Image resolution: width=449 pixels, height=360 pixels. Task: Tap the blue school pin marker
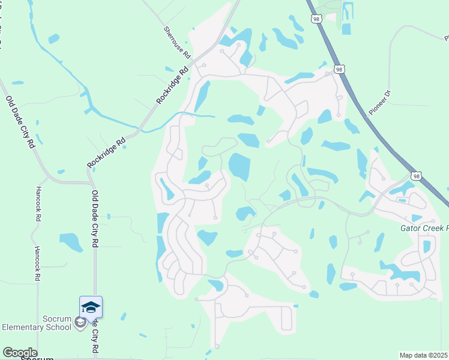91,307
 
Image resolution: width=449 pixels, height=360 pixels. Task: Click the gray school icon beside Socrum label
80,323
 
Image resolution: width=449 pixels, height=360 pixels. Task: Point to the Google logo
20,353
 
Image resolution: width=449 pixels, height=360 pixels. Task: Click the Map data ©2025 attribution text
424,355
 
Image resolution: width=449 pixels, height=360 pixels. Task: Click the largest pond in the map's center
240,166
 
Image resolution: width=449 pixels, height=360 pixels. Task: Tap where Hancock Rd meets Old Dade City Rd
38,182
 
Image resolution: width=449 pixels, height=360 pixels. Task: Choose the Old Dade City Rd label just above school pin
95,220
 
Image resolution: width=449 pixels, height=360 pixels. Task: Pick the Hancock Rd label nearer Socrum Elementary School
37,264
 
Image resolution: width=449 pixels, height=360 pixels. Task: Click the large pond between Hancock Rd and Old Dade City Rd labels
71,241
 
